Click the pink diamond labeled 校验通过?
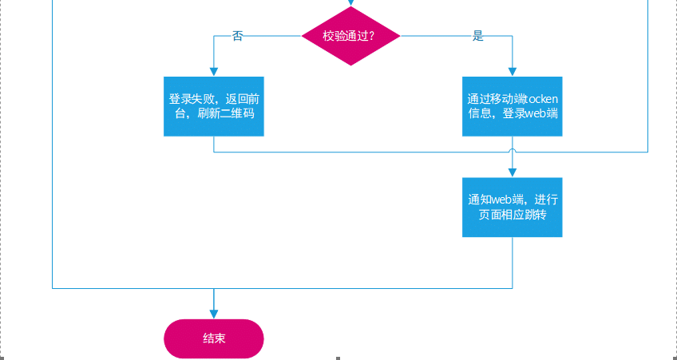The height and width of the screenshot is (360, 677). [350, 36]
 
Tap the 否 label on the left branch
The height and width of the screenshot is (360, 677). [237, 36]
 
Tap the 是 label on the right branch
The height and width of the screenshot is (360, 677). [478, 36]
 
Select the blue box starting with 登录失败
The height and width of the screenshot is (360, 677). [214, 106]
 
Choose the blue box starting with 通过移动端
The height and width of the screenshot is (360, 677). [512, 106]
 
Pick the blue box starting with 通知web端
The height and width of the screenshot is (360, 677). [512, 207]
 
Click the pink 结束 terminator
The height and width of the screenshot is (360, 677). [213, 338]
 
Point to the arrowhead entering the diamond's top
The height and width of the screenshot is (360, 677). [350, 3]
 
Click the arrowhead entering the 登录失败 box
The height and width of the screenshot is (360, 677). [214, 72]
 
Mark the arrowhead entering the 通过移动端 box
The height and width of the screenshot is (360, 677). [512, 72]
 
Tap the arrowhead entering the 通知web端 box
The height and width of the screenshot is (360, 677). [512, 172]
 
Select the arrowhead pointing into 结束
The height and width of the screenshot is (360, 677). [214, 315]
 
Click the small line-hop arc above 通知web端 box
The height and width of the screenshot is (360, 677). [512, 150]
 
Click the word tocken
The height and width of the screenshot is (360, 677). [542, 99]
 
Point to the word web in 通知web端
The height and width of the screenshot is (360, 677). [501, 200]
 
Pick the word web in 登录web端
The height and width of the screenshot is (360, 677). [535, 113]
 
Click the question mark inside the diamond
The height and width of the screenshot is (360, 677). [372, 36]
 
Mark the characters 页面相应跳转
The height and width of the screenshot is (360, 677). [512, 215]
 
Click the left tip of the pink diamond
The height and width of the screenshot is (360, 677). [303, 36]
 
